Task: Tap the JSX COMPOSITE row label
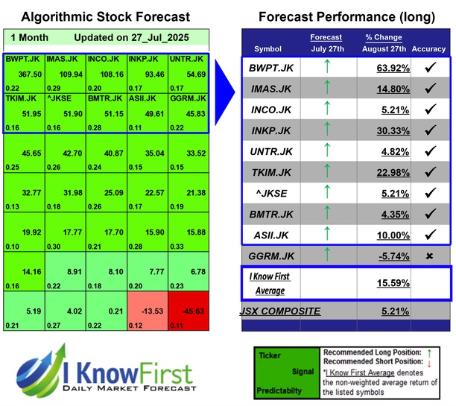tap(280, 311)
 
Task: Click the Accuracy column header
tap(428, 48)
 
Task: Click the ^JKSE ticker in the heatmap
tap(65, 96)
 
